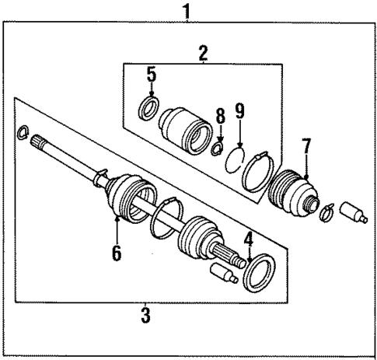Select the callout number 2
[203, 54]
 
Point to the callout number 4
[247, 242]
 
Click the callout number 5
[151, 75]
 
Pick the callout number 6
[116, 253]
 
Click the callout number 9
[239, 110]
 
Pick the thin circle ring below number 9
[237, 164]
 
